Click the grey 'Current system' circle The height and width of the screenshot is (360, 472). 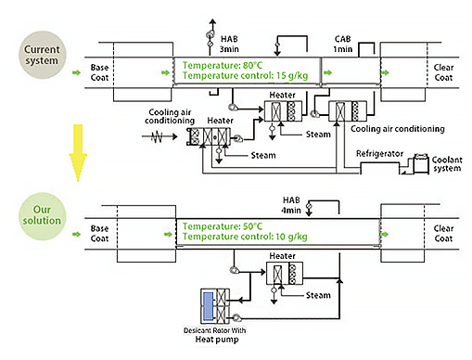click(43, 55)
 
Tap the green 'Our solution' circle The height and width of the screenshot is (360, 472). click(43, 216)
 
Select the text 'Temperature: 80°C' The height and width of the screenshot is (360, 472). click(223, 65)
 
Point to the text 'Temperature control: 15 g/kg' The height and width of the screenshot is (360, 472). click(245, 76)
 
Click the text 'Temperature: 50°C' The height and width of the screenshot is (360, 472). click(223, 226)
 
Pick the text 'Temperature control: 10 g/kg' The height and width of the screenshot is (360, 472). click(245, 237)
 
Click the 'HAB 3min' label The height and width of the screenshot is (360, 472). click(229, 44)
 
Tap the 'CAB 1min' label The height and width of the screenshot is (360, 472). click(343, 44)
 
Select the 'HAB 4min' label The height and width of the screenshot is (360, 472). click(291, 205)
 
